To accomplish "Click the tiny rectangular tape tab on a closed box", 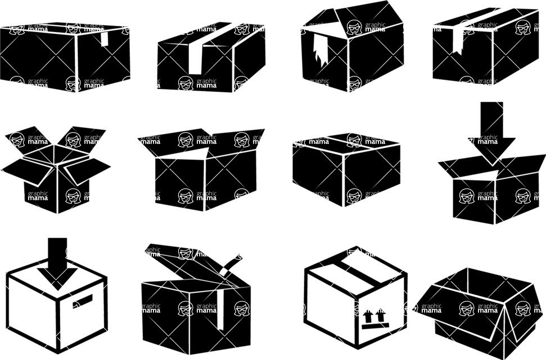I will point(105,39).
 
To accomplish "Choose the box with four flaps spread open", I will point(56,169).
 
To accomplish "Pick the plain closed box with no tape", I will point(346,169).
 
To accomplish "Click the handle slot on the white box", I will point(82,301).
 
